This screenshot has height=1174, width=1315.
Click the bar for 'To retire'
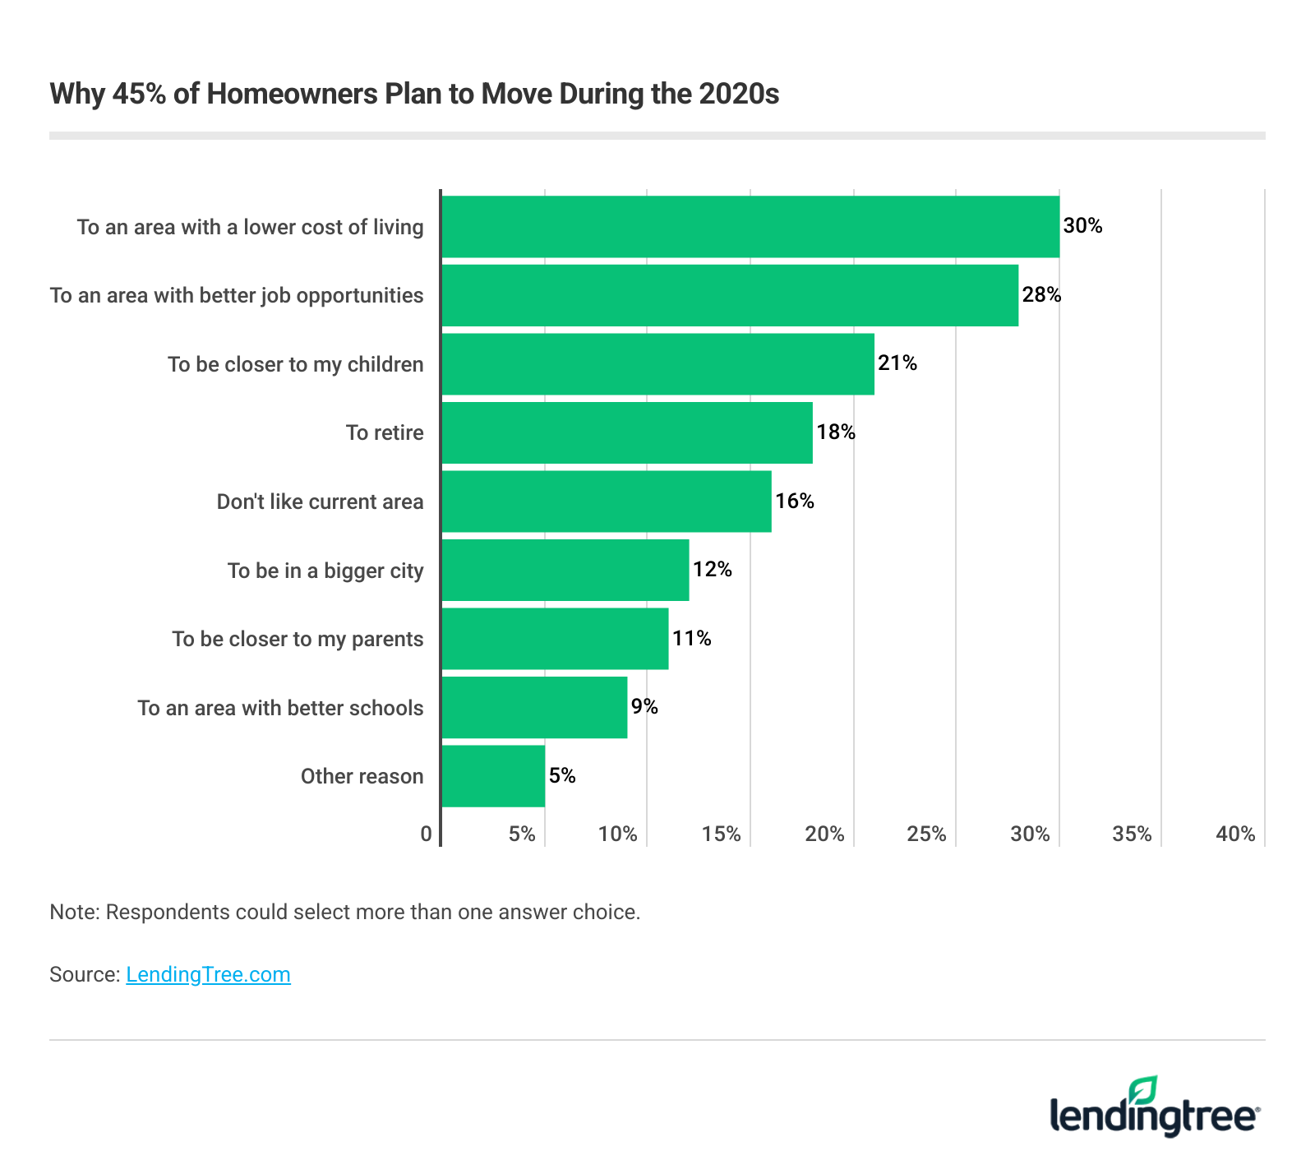[626, 432]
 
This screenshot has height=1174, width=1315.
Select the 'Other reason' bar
[493, 776]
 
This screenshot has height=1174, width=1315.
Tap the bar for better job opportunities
[729, 295]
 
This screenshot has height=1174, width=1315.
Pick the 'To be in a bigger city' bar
[565, 570]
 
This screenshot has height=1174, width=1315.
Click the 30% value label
[1082, 226]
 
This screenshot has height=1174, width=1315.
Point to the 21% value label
[897, 363]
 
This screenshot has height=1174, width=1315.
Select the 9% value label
[644, 707]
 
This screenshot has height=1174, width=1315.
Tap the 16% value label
[795, 501]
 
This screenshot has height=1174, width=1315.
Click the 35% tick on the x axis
[1132, 834]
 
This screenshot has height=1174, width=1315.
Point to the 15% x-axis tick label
[721, 834]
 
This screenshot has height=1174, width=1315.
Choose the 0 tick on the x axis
[426, 834]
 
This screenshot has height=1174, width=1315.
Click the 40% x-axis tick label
[1235, 834]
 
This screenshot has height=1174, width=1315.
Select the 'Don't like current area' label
[320, 501]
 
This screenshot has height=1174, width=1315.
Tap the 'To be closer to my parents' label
[298, 639]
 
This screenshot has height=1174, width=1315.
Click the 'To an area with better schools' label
[280, 708]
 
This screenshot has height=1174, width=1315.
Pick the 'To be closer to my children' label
[295, 364]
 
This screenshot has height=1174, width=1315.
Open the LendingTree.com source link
[208, 975]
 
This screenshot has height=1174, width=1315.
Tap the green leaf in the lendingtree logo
[1142, 1090]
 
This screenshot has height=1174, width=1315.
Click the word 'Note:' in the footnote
[75, 912]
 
